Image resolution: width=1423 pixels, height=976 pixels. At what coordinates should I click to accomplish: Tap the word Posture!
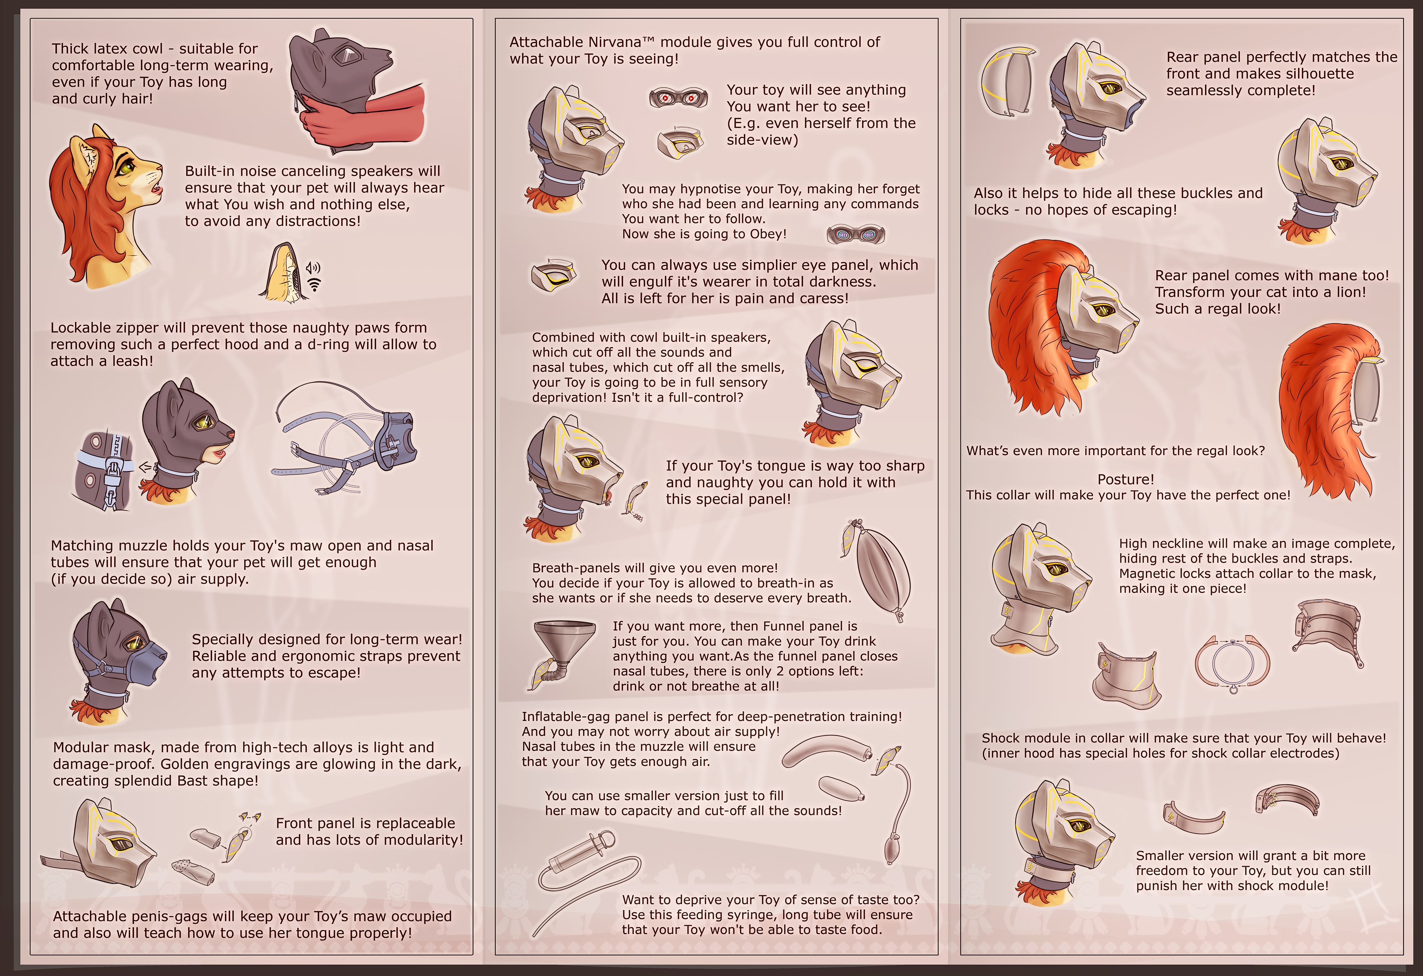[1126, 479]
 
